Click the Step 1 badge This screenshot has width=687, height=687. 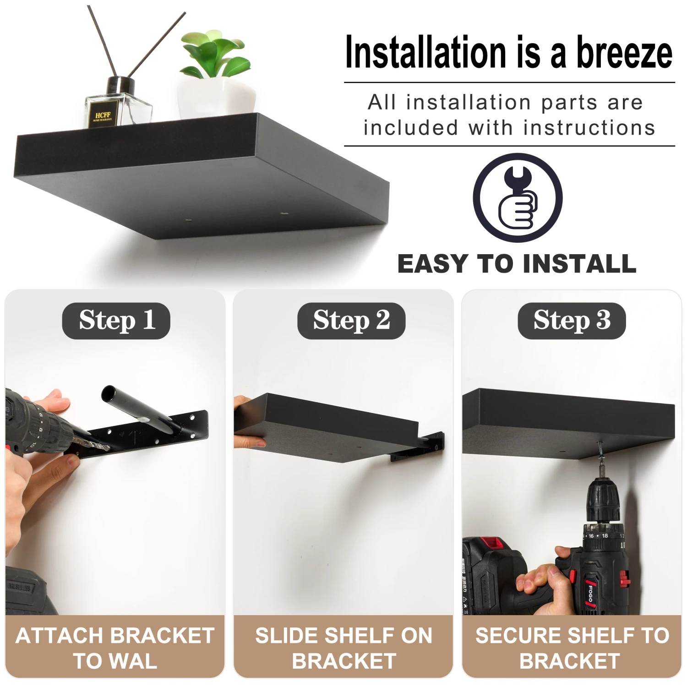pyautogui.click(x=116, y=321)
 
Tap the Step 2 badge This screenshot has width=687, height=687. pyautogui.click(x=351, y=321)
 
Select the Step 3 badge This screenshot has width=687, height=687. pyautogui.click(x=572, y=321)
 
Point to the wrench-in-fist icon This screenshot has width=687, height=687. pyautogui.click(x=518, y=198)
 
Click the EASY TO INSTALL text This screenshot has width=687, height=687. pyautogui.click(x=517, y=264)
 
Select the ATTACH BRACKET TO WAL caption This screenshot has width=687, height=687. pyautogui.click(x=114, y=648)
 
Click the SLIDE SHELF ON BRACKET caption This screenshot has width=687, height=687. pyautogui.click(x=343, y=648)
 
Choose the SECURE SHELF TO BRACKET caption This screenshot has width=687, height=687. pyautogui.click(x=572, y=648)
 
